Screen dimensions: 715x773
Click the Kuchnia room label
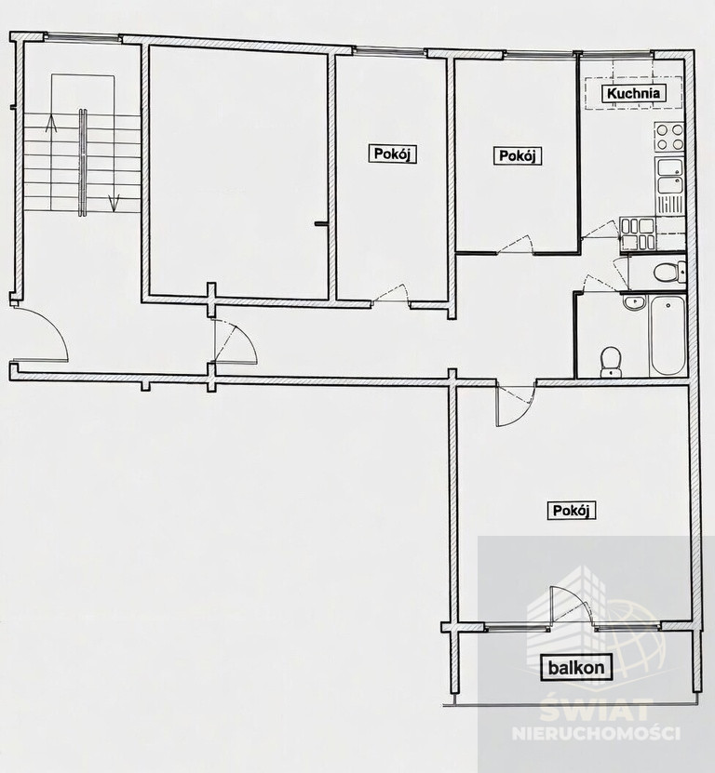click(x=634, y=93)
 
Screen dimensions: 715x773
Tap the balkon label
click(x=576, y=668)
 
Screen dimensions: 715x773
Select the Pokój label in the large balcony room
click(x=572, y=511)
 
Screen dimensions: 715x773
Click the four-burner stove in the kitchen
click(x=669, y=137)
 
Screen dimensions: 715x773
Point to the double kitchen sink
click(x=669, y=176)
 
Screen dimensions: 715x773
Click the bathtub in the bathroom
click(x=668, y=336)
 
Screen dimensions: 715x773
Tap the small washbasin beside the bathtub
click(x=634, y=302)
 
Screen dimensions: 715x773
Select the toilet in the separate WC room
click(x=669, y=271)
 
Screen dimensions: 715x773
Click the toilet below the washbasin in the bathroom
click(x=612, y=363)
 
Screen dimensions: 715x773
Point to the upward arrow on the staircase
click(x=51, y=123)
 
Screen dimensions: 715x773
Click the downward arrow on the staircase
click(x=114, y=202)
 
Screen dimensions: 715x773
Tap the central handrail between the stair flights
click(x=83, y=162)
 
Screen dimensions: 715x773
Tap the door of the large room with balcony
click(x=516, y=405)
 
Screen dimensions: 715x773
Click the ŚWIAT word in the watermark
click(x=596, y=709)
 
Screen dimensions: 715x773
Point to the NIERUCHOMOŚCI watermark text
click(x=596, y=733)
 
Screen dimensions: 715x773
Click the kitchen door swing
click(x=600, y=229)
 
